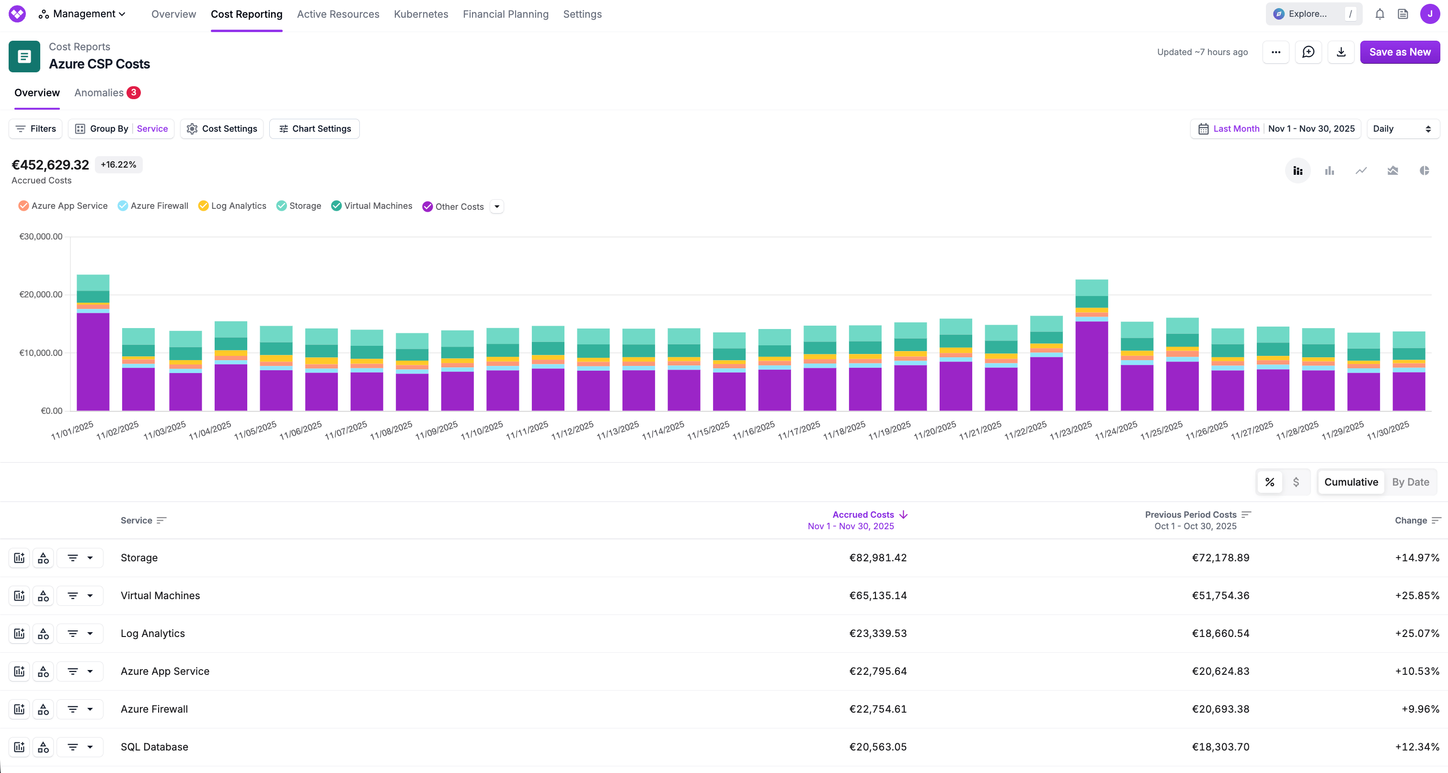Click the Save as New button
(1399, 52)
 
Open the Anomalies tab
(100, 93)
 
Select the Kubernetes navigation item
(421, 14)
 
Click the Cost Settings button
(222, 129)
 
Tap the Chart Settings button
(315, 129)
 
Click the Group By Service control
(121, 129)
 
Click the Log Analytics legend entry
(232, 206)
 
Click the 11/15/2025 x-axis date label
(708, 430)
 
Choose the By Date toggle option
(1410, 482)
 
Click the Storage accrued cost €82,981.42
(877, 558)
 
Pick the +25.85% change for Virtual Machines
(1416, 595)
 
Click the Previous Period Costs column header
(1191, 514)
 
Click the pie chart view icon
(1424, 171)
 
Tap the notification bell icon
(1379, 14)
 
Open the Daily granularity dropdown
(1402, 129)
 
